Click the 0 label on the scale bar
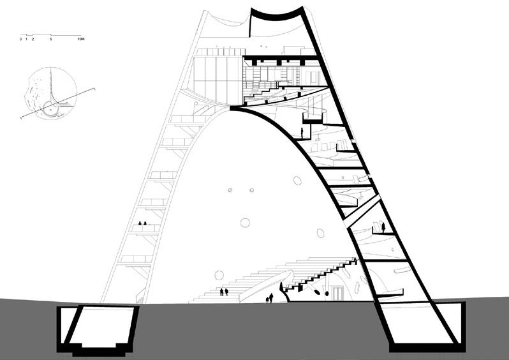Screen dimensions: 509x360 click(x=21, y=40)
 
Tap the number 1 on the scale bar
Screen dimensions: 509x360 click(x=26, y=40)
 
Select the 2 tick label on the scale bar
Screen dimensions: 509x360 click(x=31, y=40)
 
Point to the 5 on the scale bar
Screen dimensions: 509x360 click(x=50, y=40)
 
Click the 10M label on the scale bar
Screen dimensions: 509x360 click(x=80, y=40)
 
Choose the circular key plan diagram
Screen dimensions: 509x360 click(x=50, y=94)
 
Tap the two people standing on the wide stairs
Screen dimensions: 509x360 click(x=224, y=292)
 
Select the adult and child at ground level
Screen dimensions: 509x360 click(x=270, y=297)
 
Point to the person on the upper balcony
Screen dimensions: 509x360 click(x=302, y=133)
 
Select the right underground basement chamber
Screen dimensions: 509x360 click(x=426, y=326)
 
